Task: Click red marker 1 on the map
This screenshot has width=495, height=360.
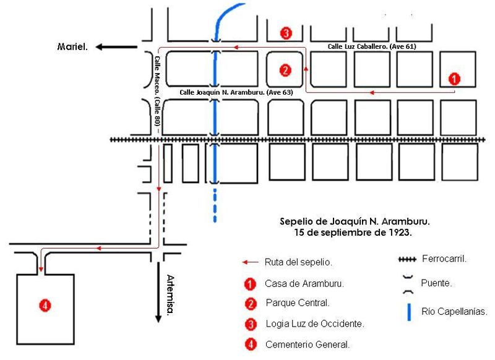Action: click(454, 79)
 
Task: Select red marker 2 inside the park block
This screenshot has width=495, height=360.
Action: click(285, 70)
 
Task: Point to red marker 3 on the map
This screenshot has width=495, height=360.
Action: click(285, 33)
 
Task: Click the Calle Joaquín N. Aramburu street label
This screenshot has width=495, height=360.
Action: click(236, 92)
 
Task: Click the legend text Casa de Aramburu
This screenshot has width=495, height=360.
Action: click(295, 284)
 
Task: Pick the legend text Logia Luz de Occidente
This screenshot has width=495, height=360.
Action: click(305, 324)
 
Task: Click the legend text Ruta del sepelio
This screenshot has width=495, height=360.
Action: click(290, 262)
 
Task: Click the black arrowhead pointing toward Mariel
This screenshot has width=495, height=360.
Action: click(101, 46)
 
